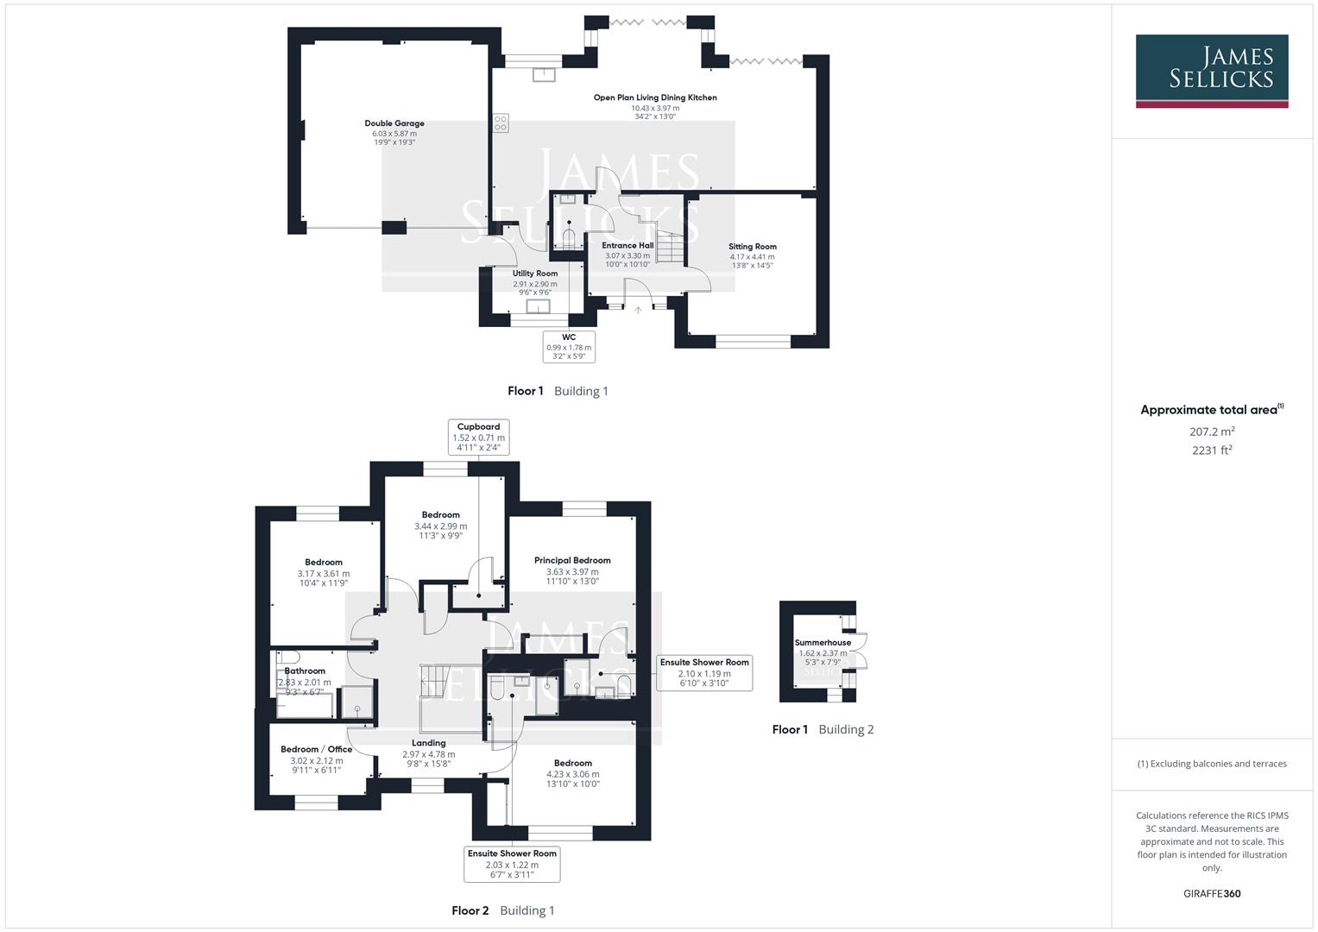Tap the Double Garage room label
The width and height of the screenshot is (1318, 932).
tap(394, 123)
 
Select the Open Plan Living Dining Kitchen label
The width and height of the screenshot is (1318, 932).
tap(654, 98)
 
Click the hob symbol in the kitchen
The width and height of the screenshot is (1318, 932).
tap(501, 123)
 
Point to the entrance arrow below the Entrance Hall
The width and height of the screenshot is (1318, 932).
tap(638, 310)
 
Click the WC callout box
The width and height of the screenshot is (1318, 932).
tap(569, 346)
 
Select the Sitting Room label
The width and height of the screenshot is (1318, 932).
tap(752, 247)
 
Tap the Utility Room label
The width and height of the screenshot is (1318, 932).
tap(534, 274)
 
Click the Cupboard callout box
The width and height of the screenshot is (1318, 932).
tap(478, 437)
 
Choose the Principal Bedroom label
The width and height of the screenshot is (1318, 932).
tap(572, 560)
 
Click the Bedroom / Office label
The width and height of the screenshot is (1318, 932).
tap(316, 749)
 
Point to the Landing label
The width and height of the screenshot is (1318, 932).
tap(428, 743)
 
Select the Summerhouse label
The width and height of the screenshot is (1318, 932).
tap(823, 643)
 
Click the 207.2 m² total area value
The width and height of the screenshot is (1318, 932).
tap(1211, 431)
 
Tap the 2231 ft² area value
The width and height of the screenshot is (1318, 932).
tap(1211, 450)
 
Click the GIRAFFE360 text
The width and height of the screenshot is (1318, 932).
tap(1211, 893)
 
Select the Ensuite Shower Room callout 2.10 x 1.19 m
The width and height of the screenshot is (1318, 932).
tap(704, 672)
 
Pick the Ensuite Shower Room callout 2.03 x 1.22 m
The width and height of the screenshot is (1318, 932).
tap(512, 864)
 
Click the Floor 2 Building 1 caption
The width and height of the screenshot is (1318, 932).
tap(502, 910)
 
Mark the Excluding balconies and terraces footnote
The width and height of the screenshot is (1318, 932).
tap(1211, 764)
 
